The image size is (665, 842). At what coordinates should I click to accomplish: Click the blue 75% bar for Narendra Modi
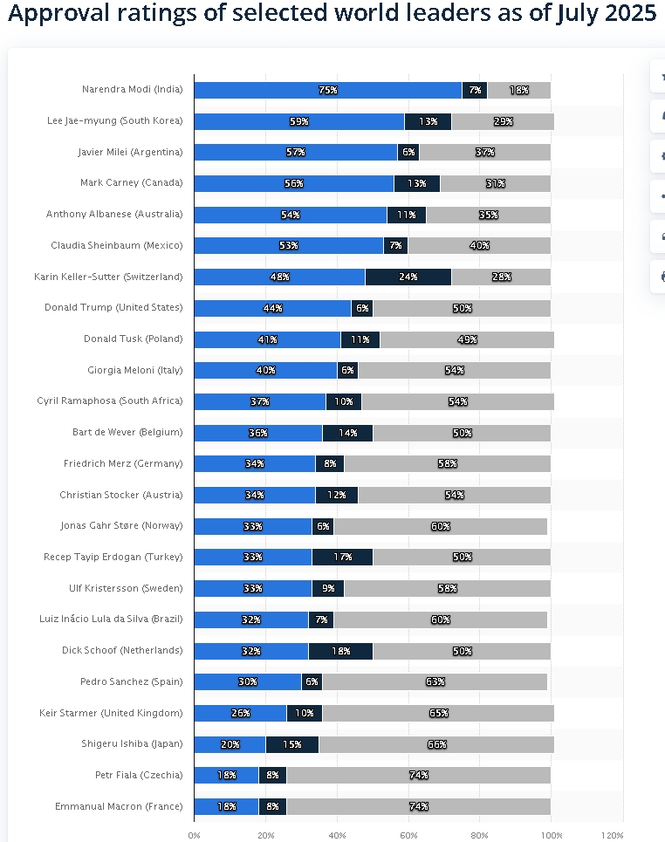tap(327, 90)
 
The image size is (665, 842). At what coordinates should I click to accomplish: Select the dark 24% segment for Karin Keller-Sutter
tap(408, 277)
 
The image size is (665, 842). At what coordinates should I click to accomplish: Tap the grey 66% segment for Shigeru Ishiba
tap(436, 744)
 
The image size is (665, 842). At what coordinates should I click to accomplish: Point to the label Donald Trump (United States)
tap(113, 308)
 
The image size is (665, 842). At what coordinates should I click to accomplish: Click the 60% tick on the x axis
tap(408, 835)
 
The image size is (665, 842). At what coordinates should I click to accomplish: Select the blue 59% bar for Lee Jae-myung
tap(298, 121)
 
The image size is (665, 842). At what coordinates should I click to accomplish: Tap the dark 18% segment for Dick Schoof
tap(340, 651)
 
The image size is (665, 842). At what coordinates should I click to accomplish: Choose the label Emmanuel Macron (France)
tap(119, 806)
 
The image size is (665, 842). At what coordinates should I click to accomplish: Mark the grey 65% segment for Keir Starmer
tap(438, 713)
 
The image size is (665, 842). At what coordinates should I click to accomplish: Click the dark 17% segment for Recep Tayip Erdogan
tap(342, 557)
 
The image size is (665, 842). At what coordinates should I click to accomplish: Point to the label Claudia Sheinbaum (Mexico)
tap(117, 245)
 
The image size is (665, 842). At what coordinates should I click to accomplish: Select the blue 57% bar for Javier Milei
tap(295, 152)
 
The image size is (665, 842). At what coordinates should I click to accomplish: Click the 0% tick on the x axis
tap(194, 835)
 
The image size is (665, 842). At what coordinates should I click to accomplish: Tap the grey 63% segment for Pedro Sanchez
tap(435, 681)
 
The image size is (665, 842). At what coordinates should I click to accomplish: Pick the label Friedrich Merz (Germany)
tap(123, 463)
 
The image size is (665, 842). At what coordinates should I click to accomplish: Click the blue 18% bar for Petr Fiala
tap(226, 775)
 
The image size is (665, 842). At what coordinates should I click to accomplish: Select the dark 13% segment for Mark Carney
tap(416, 183)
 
